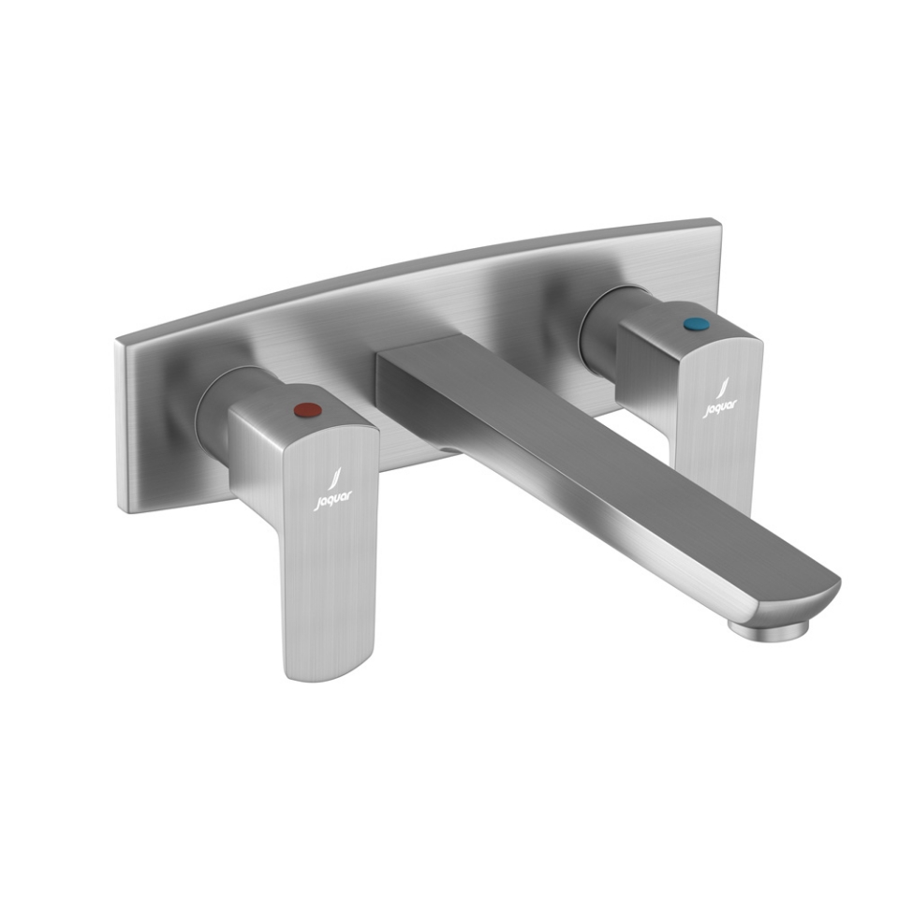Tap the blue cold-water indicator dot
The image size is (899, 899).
[x=693, y=326]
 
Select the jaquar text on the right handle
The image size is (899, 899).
[x=720, y=406]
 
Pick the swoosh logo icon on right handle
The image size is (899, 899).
[x=722, y=387]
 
